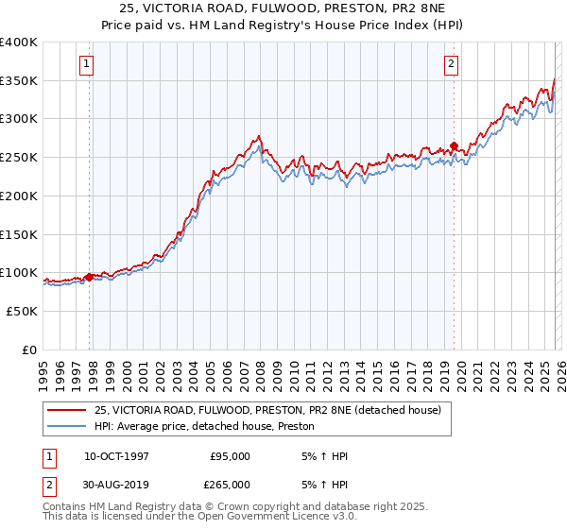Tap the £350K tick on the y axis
(x=20, y=81)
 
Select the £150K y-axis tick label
(x=20, y=234)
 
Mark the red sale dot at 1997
(x=90, y=277)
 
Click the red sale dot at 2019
(x=454, y=146)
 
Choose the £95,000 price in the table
(x=229, y=456)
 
